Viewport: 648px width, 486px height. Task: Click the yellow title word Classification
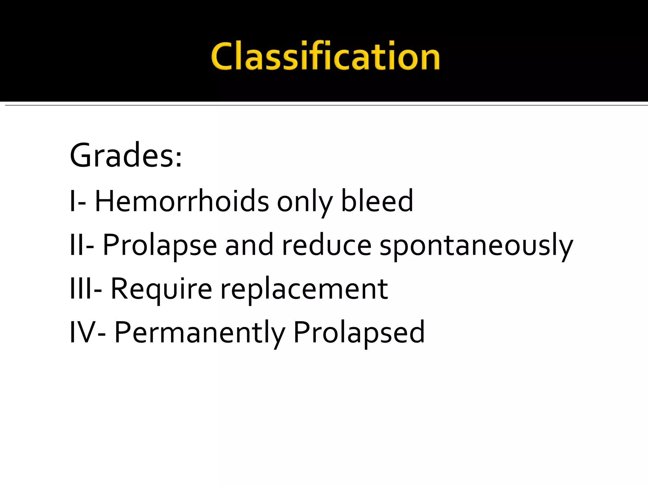pos(325,56)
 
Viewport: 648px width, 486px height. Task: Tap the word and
pos(249,245)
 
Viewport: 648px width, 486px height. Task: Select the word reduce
pos(327,245)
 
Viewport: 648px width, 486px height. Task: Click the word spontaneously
pos(476,246)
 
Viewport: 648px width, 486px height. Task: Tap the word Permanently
pos(200,333)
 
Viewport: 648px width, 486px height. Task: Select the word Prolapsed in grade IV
pos(359,333)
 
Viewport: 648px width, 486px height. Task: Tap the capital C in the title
pos(225,56)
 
